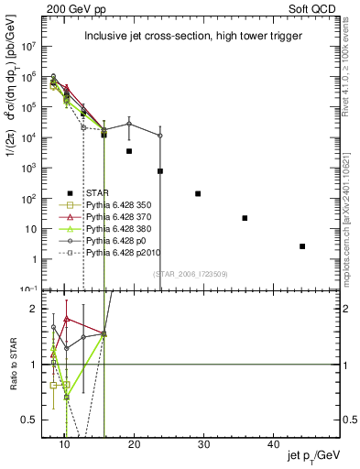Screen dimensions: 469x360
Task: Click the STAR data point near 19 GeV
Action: [129, 151]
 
